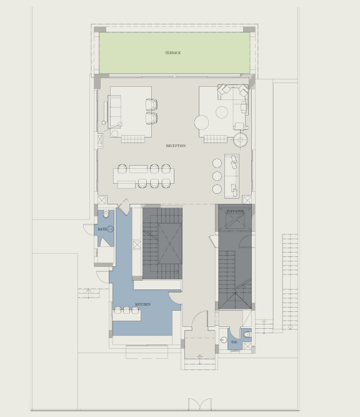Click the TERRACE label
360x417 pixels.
[173, 53]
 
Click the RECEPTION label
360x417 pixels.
[176, 146]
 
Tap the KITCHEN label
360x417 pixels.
[143, 304]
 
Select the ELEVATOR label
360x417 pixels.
[235, 211]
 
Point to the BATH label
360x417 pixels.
[102, 229]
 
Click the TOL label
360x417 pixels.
[234, 342]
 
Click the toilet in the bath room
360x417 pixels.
[106, 213]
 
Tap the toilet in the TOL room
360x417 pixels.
[247, 334]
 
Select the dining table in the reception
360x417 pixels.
[144, 176]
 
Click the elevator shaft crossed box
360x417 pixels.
[235, 220]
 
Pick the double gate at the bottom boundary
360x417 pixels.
[200, 404]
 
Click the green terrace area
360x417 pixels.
[174, 53]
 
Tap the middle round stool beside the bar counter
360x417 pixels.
[217, 176]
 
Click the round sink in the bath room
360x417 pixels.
[110, 229]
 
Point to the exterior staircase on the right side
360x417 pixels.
[290, 282]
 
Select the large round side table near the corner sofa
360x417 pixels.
[201, 123]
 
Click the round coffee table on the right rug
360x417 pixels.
[222, 113]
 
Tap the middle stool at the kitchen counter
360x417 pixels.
[126, 310]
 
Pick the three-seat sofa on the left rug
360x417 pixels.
[114, 111]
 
